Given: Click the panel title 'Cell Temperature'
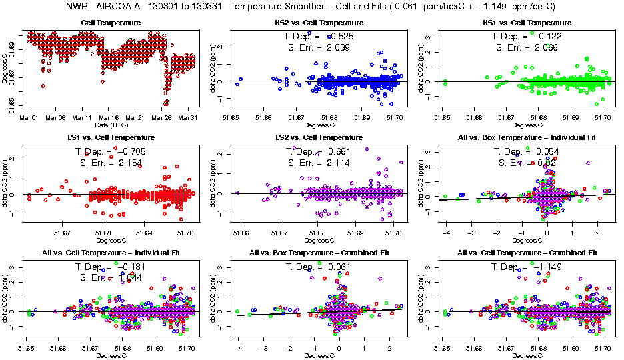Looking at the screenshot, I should coord(111,23).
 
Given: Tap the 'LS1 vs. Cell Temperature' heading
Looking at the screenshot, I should coord(111,138).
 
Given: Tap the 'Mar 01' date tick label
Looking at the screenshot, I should coord(29,118).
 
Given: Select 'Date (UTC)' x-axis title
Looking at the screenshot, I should coord(111,125).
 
